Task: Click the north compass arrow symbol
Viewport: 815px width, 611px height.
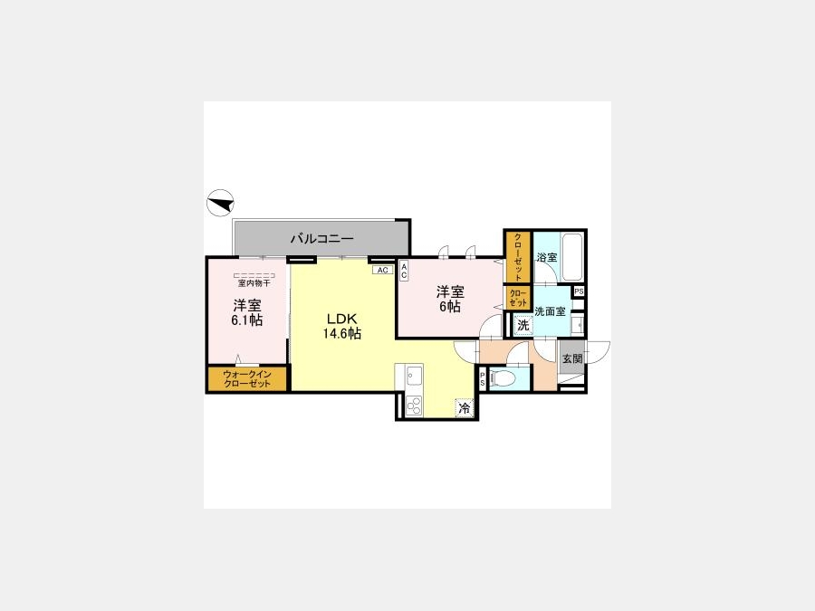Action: click(220, 203)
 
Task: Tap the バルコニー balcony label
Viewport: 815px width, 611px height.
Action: click(322, 239)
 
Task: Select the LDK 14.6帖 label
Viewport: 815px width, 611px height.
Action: click(341, 326)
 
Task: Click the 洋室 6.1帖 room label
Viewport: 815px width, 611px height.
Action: click(247, 312)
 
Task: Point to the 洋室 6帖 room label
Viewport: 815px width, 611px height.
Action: click(450, 299)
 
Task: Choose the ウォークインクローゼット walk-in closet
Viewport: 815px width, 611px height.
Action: click(247, 378)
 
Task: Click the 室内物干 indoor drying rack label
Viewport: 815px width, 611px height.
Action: click(254, 283)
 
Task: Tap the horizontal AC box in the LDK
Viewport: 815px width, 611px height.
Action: click(382, 270)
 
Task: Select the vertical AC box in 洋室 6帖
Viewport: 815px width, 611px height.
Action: click(404, 271)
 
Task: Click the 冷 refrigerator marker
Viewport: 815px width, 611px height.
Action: click(465, 408)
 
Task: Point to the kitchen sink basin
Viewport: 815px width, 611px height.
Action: click(414, 375)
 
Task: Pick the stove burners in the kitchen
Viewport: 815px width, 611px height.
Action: click(414, 406)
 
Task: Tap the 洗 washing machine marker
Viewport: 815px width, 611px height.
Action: click(523, 325)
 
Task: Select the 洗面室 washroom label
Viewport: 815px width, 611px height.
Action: click(550, 311)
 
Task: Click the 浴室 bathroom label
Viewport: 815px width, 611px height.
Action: click(547, 257)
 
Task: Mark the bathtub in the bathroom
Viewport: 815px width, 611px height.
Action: click(573, 258)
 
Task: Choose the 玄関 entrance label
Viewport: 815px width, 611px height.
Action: click(571, 358)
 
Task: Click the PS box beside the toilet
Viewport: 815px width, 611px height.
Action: click(483, 377)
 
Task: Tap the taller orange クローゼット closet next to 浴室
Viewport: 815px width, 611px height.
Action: click(518, 257)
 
